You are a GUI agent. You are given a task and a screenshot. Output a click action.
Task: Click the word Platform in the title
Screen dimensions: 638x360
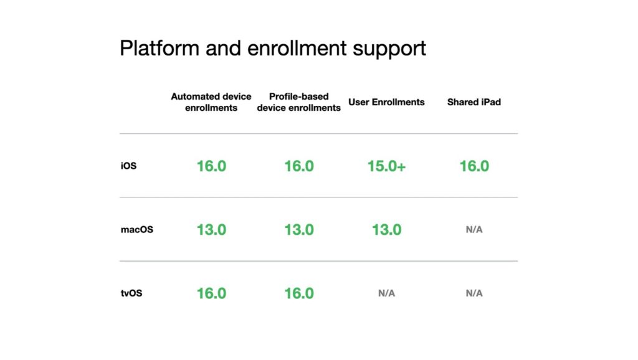[x=159, y=48]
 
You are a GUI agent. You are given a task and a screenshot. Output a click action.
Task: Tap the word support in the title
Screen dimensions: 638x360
[x=389, y=50]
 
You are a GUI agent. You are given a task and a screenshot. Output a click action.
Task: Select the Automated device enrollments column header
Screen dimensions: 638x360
[x=211, y=102]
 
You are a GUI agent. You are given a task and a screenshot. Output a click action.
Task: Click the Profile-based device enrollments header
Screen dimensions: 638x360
[x=298, y=102]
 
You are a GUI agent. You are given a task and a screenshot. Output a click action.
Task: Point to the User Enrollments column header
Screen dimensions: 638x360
[x=386, y=102]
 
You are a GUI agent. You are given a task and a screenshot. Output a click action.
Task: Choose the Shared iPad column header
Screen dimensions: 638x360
[x=474, y=102]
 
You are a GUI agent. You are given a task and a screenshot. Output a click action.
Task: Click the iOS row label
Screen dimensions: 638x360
[x=128, y=166]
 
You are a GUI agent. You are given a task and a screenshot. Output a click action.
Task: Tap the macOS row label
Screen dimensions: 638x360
[x=137, y=229]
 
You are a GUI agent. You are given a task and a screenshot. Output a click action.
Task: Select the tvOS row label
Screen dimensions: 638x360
[x=131, y=293]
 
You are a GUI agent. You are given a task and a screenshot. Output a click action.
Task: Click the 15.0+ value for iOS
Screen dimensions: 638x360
[x=386, y=166]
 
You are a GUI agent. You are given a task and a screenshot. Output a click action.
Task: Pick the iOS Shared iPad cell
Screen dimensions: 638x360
[x=474, y=166]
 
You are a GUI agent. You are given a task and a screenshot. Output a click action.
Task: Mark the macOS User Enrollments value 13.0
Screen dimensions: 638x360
[x=386, y=230]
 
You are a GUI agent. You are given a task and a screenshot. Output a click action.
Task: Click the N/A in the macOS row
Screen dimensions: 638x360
[x=474, y=229]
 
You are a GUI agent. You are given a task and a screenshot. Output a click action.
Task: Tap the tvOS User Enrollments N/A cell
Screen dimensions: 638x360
[x=386, y=293]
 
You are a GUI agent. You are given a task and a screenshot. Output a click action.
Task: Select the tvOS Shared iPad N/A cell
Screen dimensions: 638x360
[x=474, y=293]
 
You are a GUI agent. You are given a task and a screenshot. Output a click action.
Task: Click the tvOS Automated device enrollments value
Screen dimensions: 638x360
[x=212, y=293]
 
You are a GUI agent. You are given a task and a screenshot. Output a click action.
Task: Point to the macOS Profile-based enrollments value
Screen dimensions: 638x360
[x=299, y=230]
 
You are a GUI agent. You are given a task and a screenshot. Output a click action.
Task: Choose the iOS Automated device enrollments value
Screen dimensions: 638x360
[x=212, y=166]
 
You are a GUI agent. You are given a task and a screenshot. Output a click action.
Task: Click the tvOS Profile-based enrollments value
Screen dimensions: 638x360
[x=299, y=293]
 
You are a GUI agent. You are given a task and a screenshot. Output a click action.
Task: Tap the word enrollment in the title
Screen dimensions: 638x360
[x=297, y=48]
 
